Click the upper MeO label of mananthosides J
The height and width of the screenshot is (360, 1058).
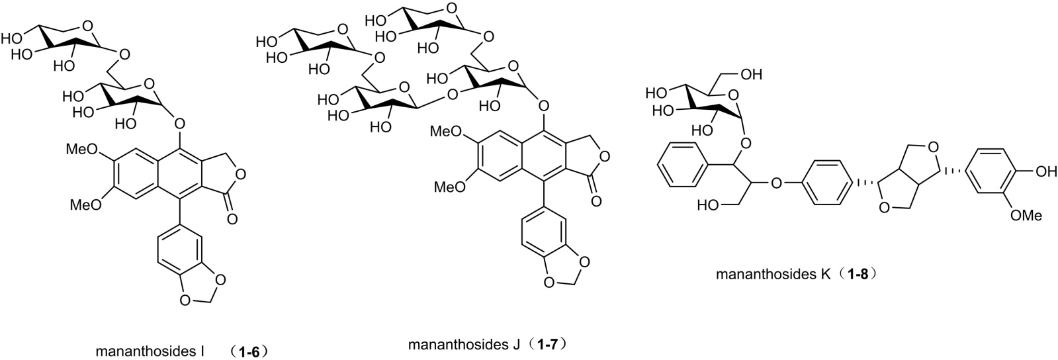(446, 132)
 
